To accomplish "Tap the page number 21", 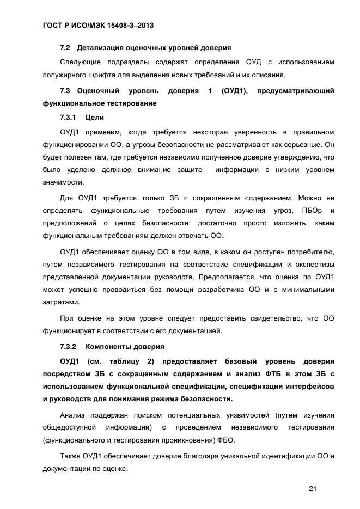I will click(312, 488).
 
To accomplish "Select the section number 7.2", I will click(66, 48).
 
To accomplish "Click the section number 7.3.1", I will click(69, 117).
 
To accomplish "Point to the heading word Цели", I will click(95, 117).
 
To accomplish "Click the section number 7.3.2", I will click(69, 346).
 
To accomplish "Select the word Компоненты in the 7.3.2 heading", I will click(111, 346).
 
